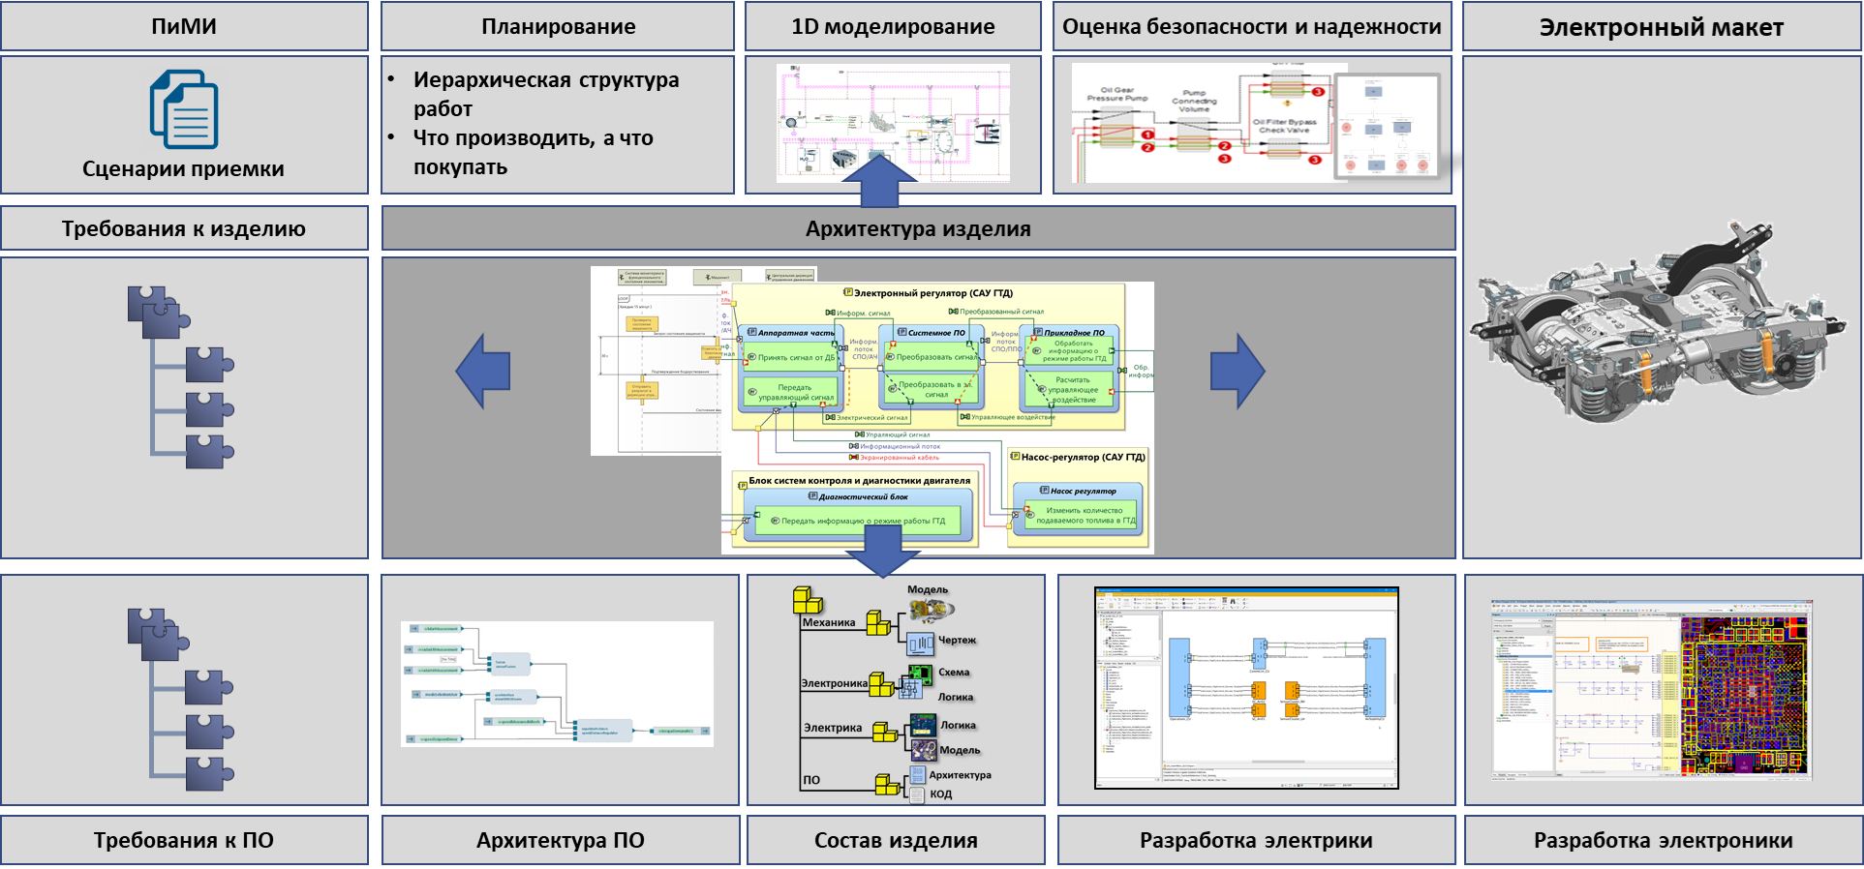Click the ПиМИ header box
[x=184, y=27]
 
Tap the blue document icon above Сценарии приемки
[x=184, y=108]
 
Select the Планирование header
[x=558, y=27]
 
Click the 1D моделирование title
[x=893, y=27]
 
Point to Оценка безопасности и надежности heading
[x=1252, y=27]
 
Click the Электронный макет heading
[x=1661, y=28]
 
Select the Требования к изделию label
[x=184, y=229]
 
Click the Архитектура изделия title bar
[x=918, y=229]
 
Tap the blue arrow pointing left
[x=483, y=371]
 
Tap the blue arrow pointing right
[x=1238, y=371]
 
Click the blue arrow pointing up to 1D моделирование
[x=879, y=181]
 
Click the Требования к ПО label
[x=184, y=841]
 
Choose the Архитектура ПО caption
[x=560, y=841]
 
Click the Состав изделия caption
[x=896, y=841]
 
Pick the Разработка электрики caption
[x=1256, y=841]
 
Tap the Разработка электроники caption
[x=1663, y=841]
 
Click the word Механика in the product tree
[x=829, y=622]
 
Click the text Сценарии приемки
[x=183, y=169]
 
